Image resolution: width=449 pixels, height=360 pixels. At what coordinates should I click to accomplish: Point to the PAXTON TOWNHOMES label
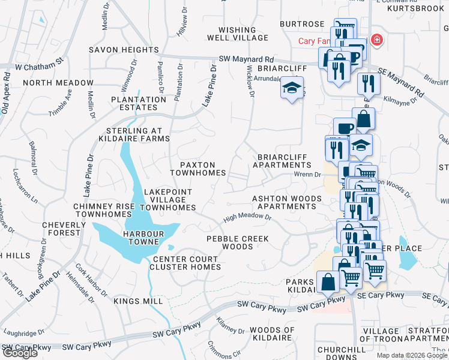pyautogui.click(x=197, y=168)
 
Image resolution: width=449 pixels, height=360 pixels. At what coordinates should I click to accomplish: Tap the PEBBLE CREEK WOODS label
pyautogui.click(x=238, y=242)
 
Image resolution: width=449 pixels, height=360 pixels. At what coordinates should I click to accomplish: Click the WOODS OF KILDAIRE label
pyautogui.click(x=272, y=334)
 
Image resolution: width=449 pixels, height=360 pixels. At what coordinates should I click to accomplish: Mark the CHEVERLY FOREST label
pyautogui.click(x=61, y=229)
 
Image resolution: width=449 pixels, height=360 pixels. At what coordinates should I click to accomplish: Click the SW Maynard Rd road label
pyautogui.click(x=246, y=59)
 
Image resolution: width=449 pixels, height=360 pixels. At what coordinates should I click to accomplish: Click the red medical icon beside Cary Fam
pyautogui.click(x=376, y=40)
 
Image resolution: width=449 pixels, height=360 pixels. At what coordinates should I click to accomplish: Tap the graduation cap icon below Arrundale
pyautogui.click(x=291, y=88)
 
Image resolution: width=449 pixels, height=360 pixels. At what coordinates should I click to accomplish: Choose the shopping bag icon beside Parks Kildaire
pyautogui.click(x=328, y=281)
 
